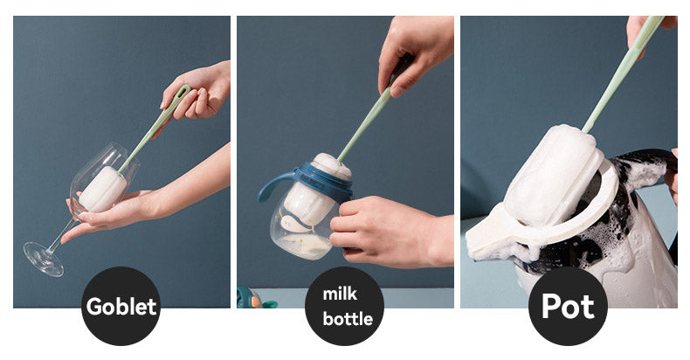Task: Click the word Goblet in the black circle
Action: [121, 307]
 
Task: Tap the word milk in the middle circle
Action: [340, 294]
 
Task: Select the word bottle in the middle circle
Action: [348, 319]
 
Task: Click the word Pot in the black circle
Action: [568, 306]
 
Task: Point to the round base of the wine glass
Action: [44, 260]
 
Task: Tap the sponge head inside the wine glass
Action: [102, 189]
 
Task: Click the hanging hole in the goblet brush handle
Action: [182, 93]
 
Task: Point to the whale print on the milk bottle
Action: [296, 225]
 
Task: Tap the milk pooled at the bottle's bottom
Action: [304, 246]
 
